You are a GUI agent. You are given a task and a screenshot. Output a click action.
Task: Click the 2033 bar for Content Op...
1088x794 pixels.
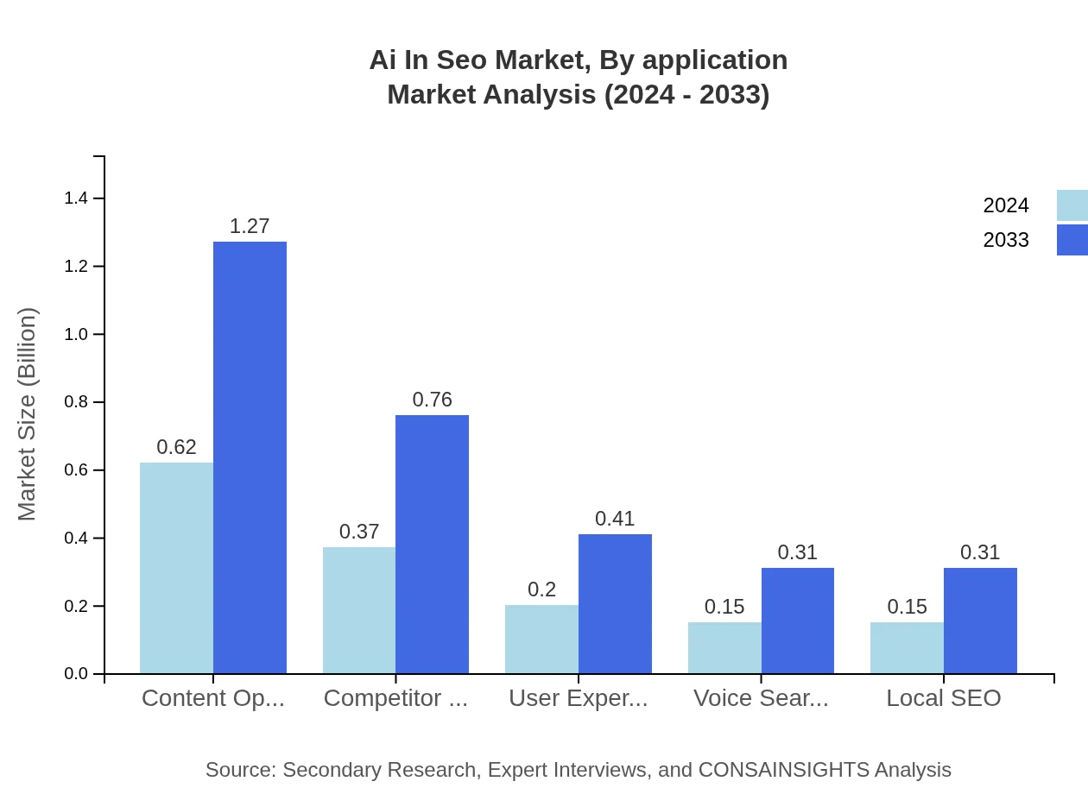250,457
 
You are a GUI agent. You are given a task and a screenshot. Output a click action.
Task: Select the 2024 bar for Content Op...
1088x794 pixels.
176,568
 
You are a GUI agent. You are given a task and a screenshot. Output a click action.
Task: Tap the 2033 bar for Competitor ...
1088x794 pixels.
432,544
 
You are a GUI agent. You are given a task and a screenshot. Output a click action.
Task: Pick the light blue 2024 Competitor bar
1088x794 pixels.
359,610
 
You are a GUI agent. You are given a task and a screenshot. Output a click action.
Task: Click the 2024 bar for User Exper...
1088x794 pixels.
541,639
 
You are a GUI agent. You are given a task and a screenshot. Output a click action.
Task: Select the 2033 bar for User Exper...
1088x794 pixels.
615,604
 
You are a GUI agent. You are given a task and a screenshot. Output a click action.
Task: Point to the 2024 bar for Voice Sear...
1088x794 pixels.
724,647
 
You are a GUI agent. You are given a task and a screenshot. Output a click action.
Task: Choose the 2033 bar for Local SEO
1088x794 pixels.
980,621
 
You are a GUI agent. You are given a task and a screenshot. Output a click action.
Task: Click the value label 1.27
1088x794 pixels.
250,226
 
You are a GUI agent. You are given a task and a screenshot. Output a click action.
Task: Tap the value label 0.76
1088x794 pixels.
432,400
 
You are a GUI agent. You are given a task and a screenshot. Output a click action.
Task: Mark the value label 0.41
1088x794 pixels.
615,519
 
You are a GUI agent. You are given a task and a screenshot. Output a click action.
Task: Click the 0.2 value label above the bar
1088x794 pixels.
541,589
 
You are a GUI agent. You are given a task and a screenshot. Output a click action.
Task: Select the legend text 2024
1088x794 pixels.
1006,205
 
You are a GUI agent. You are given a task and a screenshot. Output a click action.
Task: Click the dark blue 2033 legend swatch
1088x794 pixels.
1072,240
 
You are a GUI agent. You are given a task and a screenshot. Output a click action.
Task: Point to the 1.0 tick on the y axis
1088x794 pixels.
76,334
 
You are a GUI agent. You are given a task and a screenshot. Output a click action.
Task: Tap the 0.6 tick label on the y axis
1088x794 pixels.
76,470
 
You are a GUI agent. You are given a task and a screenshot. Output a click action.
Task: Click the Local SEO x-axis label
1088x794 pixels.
943,698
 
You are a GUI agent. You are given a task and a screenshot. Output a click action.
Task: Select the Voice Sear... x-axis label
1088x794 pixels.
761,698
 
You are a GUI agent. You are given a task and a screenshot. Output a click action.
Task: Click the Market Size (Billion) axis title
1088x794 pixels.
27,414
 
